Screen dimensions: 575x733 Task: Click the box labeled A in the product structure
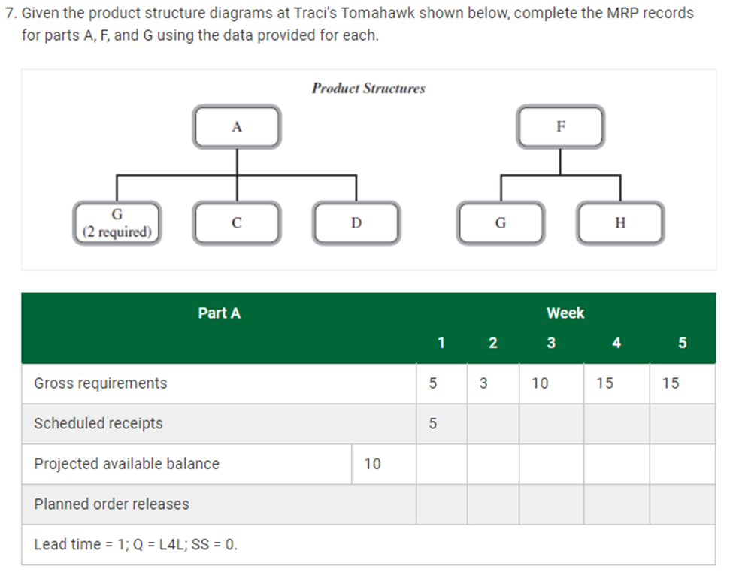click(x=237, y=127)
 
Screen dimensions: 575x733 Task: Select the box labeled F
click(x=560, y=127)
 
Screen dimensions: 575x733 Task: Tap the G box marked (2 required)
click(x=117, y=223)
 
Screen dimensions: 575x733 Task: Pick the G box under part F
click(x=501, y=223)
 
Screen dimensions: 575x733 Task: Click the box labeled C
click(x=237, y=223)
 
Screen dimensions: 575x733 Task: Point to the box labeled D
click(x=356, y=223)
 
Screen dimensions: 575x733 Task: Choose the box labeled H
click(x=620, y=223)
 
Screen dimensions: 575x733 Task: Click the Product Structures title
click(x=368, y=89)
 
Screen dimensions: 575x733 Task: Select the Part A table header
click(x=219, y=313)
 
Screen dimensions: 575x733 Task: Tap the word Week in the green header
click(x=565, y=313)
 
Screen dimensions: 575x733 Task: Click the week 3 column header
click(x=551, y=343)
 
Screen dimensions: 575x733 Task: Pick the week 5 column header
click(x=682, y=343)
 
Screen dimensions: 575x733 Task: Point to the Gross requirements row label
click(x=101, y=383)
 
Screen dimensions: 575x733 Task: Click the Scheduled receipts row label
click(x=98, y=424)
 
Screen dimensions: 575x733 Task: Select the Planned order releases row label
click(x=111, y=504)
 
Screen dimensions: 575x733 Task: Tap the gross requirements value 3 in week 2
click(x=483, y=383)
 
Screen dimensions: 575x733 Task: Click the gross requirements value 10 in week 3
click(x=540, y=383)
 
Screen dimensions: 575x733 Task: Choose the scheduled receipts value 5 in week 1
click(x=432, y=424)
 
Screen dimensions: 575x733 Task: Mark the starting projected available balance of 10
click(x=372, y=464)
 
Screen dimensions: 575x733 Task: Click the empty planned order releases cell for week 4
click(x=616, y=504)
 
